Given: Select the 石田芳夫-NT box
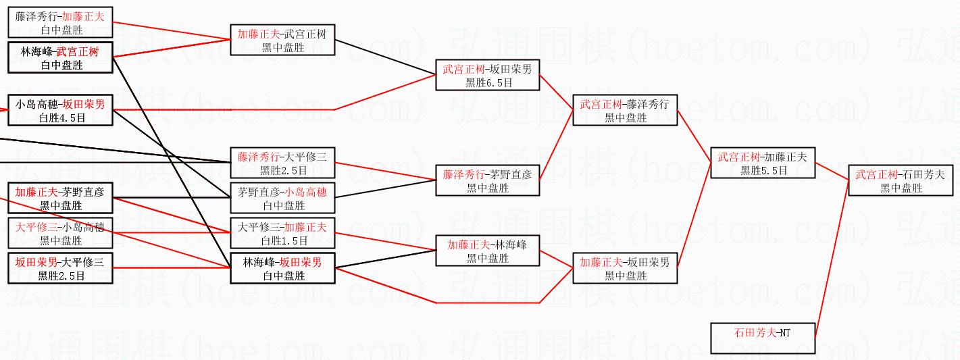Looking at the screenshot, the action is pyautogui.click(x=762, y=338).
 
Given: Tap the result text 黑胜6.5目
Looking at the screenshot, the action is pyautogui.click(x=488, y=82).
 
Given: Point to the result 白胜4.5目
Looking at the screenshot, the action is pyautogui.click(x=61, y=118).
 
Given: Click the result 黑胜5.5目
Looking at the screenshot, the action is pyautogui.click(x=763, y=171).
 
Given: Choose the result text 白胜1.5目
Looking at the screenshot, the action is pyautogui.click(x=282, y=240).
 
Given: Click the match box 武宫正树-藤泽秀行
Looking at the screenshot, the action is pyautogui.click(x=624, y=110).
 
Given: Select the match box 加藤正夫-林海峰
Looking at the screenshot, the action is pyautogui.click(x=487, y=251).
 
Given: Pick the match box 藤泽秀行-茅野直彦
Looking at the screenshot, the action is pyautogui.click(x=487, y=181).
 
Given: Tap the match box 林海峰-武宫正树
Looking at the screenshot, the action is pyautogui.click(x=60, y=57).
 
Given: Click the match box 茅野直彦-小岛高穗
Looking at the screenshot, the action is pyautogui.click(x=282, y=199).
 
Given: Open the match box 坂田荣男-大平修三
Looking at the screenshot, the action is pyautogui.click(x=60, y=268).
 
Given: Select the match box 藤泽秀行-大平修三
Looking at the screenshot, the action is pyautogui.click(x=282, y=163).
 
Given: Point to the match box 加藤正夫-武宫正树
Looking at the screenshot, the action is pyautogui.click(x=282, y=41).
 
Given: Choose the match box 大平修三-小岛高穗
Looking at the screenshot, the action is pyautogui.click(x=60, y=233).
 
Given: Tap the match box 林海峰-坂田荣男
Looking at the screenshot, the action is pyautogui.click(x=282, y=268).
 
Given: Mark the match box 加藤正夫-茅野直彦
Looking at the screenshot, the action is pyautogui.click(x=60, y=198).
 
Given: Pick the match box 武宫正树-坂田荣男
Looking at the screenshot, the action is pyautogui.click(x=487, y=75).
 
